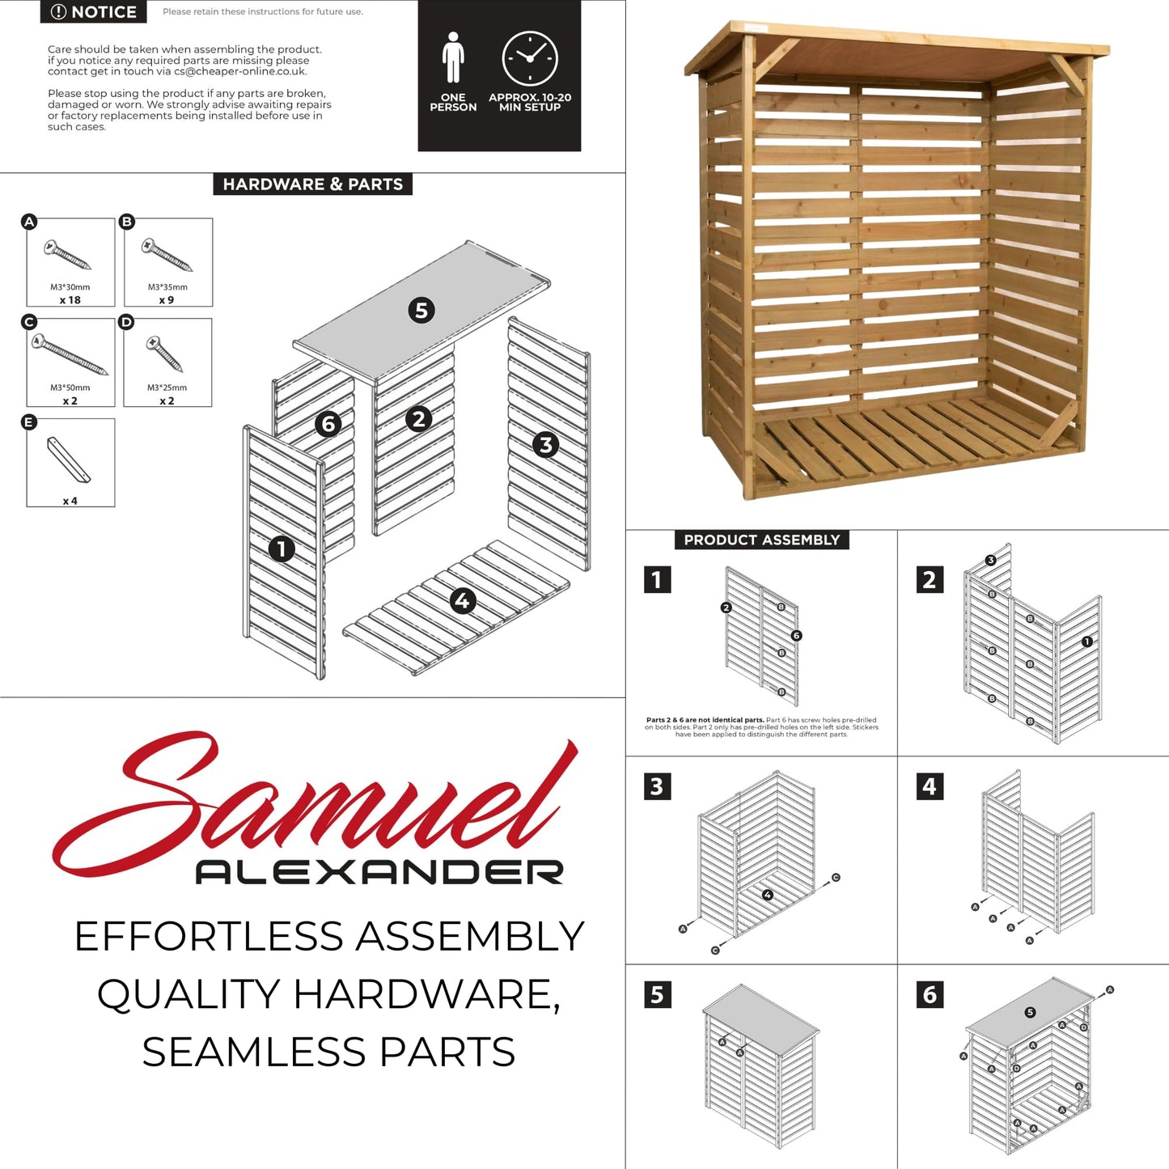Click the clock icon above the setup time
530,58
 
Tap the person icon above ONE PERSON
452,57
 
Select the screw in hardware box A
67,254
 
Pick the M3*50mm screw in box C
70,354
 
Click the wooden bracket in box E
69,460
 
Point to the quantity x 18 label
70,299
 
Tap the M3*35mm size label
167,287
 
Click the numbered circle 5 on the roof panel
421,311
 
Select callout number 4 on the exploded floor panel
462,600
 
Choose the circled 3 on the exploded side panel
545,445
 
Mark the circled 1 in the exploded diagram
282,549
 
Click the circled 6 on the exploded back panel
328,423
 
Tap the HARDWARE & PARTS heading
312,184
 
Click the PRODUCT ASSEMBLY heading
761,540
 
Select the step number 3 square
657,787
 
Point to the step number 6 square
930,995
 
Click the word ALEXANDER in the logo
379,872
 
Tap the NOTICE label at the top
94,11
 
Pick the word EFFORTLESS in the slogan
210,936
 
